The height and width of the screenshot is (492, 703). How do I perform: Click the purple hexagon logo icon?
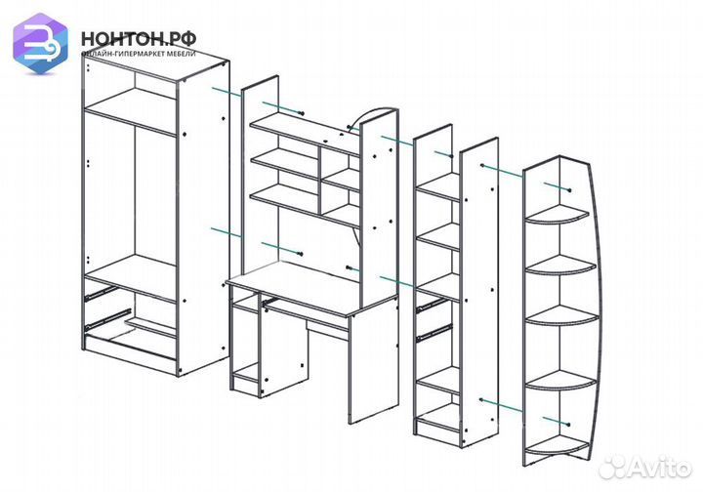click(40, 43)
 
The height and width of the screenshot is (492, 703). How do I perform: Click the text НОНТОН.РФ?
click(139, 39)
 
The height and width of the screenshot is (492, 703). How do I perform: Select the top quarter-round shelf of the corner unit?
click(557, 213)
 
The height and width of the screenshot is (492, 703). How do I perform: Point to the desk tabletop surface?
click(311, 288)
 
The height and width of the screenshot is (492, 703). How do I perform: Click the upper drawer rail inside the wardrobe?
click(102, 293)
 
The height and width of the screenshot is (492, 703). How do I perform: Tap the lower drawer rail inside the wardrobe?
click(107, 318)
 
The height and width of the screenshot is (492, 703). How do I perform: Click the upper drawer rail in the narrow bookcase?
click(433, 305)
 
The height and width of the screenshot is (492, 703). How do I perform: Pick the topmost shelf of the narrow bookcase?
click(438, 186)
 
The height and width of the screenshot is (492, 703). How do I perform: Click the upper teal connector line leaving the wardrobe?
click(227, 93)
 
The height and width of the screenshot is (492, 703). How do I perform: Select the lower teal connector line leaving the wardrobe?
click(227, 232)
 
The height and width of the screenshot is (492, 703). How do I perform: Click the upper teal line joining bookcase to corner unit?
click(502, 171)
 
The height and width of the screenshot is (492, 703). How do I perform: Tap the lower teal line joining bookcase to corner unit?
click(501, 405)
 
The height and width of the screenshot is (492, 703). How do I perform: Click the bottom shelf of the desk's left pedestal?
click(246, 373)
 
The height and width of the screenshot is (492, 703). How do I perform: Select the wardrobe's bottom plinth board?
click(130, 347)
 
